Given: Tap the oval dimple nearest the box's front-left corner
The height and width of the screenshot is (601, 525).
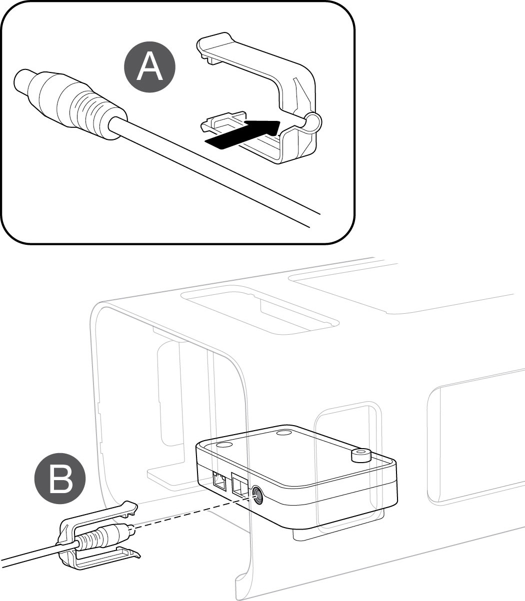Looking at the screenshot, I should [x=223, y=445].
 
